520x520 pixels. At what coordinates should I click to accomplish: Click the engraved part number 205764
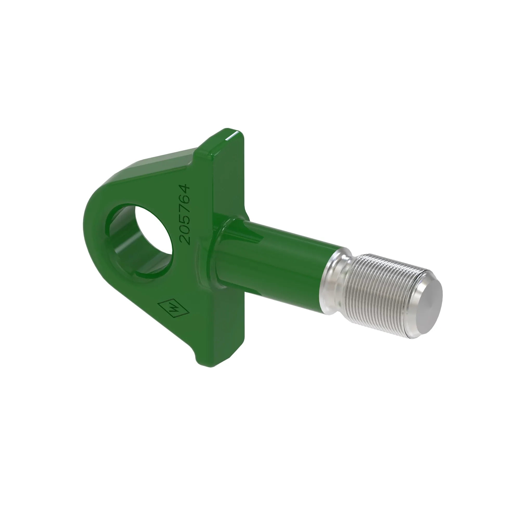(x=186, y=214)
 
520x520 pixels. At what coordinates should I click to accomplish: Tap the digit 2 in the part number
(x=186, y=240)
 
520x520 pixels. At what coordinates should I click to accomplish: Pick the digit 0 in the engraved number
(x=186, y=230)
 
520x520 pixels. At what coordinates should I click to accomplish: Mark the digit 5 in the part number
(x=186, y=219)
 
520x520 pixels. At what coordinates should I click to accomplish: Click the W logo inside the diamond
(x=174, y=308)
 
